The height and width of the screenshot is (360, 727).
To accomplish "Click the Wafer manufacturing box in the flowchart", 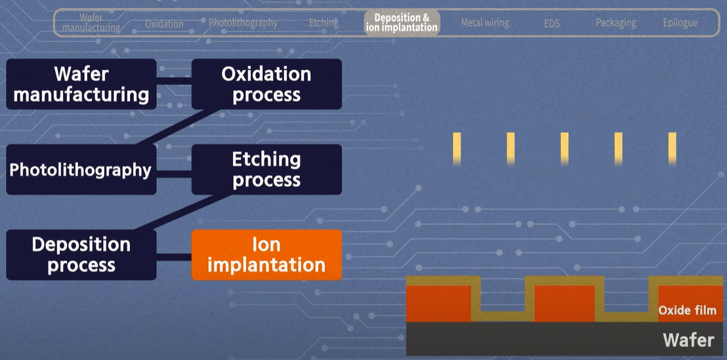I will [x=81, y=84].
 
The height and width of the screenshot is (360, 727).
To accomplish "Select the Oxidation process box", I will [x=266, y=84].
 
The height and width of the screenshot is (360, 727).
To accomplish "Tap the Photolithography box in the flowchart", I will [x=81, y=170].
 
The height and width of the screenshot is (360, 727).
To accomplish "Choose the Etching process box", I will [x=266, y=169].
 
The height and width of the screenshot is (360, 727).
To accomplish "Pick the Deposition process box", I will [x=81, y=254].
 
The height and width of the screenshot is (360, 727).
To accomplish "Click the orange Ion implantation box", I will [x=266, y=254].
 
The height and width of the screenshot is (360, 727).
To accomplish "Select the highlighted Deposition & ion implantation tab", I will [x=402, y=22].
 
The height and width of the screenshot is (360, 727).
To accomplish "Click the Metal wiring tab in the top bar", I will [x=485, y=23].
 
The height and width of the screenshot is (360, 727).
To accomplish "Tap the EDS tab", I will [x=552, y=24].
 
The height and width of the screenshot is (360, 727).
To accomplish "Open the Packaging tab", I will [x=615, y=23].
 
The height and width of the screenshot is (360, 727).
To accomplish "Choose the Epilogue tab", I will [x=680, y=23].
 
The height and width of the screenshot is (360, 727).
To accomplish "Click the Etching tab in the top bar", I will [x=323, y=23].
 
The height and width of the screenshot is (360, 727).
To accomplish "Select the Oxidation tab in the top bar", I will [x=164, y=24].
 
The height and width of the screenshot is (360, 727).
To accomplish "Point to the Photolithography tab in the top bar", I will [x=243, y=23].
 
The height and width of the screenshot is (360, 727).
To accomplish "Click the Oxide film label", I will [x=687, y=310].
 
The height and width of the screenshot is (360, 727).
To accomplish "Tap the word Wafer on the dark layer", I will [x=688, y=340].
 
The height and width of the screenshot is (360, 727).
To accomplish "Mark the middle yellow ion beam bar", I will [x=564, y=148].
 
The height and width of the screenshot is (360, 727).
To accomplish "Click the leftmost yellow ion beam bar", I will [x=457, y=148].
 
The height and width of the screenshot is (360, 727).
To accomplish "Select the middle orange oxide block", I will [x=565, y=303].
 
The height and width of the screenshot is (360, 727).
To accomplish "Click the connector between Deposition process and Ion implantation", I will [x=174, y=255].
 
